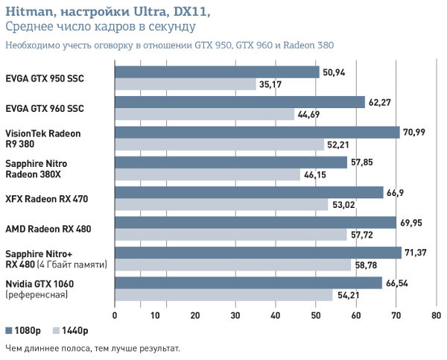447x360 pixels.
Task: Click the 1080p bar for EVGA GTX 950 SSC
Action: tap(217, 72)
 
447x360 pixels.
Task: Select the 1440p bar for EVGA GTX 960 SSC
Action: tap(204, 114)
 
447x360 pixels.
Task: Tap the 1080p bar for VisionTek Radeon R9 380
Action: tap(257, 132)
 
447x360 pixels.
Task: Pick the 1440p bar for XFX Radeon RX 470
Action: tap(221, 204)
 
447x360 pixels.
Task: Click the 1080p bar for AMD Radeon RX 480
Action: tap(255, 222)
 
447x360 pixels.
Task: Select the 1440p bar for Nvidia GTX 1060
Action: tap(223, 294)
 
